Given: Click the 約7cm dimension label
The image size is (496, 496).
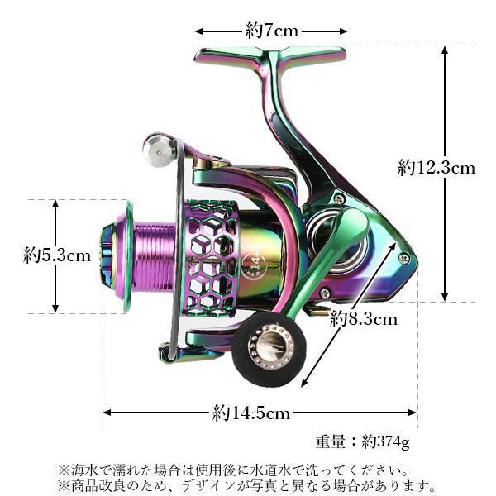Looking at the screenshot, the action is tap(272, 31).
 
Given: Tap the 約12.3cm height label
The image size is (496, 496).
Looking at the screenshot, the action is tap(436, 168).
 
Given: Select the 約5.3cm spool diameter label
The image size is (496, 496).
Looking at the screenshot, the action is tap(57, 255).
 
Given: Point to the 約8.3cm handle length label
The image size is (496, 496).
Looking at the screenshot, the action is tap(364, 319).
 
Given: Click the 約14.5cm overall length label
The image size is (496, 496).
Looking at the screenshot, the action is tap(251, 413).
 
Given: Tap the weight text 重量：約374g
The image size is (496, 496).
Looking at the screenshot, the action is tap(362, 441).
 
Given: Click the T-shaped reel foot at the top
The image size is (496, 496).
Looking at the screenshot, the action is tap(270, 59).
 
